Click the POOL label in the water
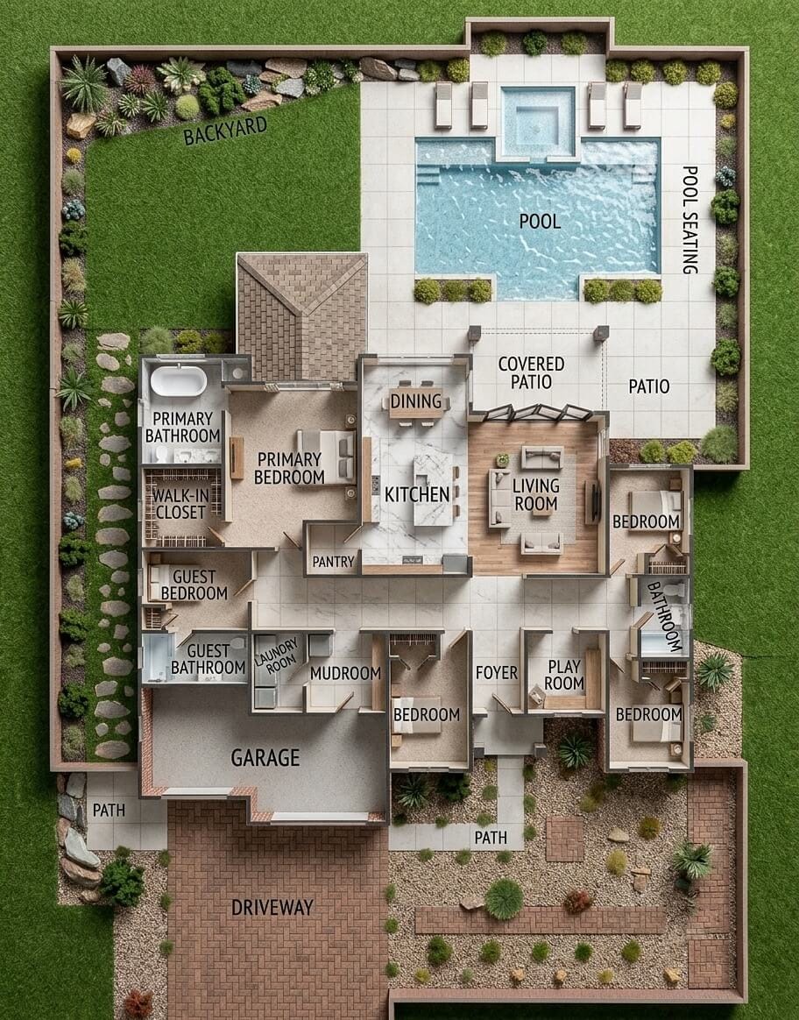[x=540, y=221]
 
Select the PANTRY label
[x=334, y=562]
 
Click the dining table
[x=415, y=403]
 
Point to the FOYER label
[x=497, y=673]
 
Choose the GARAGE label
[x=265, y=758]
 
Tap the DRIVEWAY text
[x=272, y=908]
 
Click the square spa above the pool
[x=538, y=123]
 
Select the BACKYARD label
[x=225, y=131]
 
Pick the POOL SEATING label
[x=689, y=220]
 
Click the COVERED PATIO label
[x=531, y=372]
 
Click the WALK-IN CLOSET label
[x=180, y=504]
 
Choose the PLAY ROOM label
[x=564, y=675]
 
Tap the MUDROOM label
[x=345, y=674]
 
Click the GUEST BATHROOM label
[x=208, y=659]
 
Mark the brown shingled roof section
[x=302, y=317]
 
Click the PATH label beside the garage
[x=109, y=811]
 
